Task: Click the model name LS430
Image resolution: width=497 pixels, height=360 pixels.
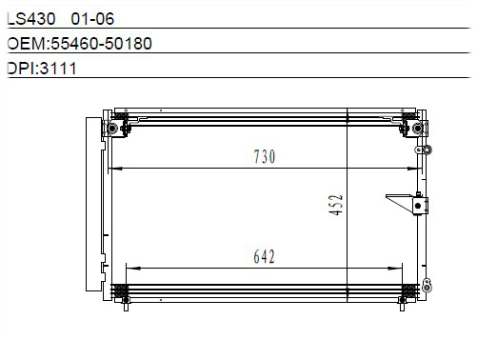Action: coord(31,19)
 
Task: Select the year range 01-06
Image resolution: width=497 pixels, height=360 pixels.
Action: coord(92,19)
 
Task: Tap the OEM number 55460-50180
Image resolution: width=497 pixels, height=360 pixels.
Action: coord(101,44)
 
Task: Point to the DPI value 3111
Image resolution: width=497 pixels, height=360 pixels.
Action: coord(58,69)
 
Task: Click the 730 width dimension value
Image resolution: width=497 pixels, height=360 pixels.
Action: coord(265,157)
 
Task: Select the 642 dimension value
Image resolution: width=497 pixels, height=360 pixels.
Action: coord(264,256)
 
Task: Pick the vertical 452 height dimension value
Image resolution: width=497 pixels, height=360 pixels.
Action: coord(336,205)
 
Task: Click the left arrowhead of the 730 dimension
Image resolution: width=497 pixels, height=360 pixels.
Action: coord(116,169)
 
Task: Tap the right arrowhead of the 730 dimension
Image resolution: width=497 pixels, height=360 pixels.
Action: coord(414,169)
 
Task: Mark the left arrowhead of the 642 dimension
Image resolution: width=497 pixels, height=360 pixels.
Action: coord(133,269)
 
